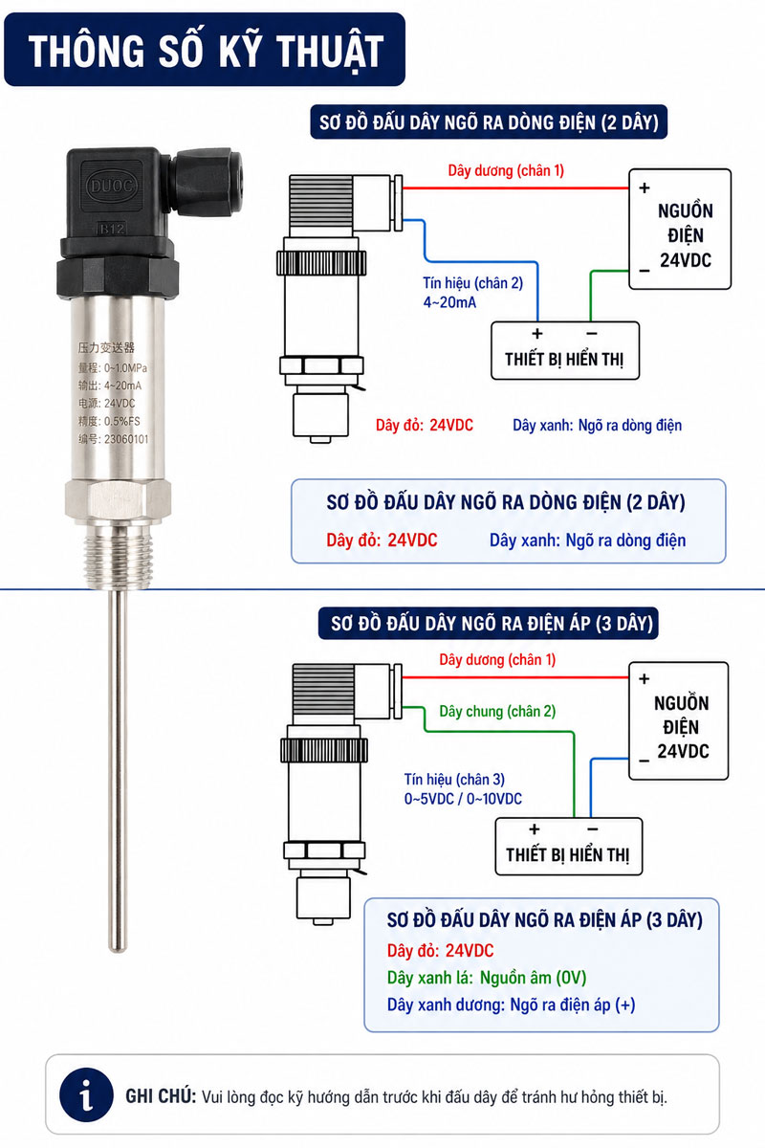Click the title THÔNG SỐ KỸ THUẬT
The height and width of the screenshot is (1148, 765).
click(x=206, y=52)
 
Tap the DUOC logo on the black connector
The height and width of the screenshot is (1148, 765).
click(x=111, y=186)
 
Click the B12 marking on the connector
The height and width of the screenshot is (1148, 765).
click(x=111, y=229)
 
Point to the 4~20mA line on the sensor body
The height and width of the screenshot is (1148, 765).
click(x=110, y=386)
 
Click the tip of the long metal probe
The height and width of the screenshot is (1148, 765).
click(x=118, y=949)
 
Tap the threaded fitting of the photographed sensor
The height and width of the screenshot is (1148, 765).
click(x=118, y=557)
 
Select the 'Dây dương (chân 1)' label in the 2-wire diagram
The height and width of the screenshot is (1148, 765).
click(x=506, y=170)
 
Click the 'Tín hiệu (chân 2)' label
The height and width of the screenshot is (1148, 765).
click(x=472, y=283)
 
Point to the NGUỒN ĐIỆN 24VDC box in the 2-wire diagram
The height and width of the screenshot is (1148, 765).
click(x=680, y=229)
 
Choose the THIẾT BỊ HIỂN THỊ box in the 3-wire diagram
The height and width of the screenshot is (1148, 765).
click(x=568, y=846)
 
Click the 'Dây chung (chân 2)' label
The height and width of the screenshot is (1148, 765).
click(x=497, y=712)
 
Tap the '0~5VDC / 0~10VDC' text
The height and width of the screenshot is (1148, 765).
click(x=463, y=799)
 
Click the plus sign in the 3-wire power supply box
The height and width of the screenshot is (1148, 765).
click(x=645, y=679)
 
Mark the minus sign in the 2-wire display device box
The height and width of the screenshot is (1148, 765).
click(x=592, y=334)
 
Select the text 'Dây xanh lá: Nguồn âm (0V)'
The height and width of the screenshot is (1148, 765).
click(x=487, y=978)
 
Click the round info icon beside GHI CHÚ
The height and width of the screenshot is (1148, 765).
click(x=86, y=1095)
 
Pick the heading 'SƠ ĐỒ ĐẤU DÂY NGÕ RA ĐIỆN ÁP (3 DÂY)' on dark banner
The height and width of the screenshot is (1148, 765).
click(x=492, y=624)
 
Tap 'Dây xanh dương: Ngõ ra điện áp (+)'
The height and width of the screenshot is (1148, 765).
click(x=511, y=1004)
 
